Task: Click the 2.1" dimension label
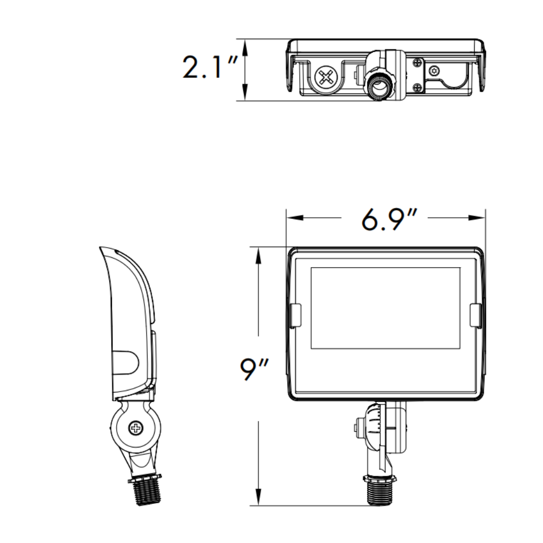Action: pyautogui.click(x=210, y=68)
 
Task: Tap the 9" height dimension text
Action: pyautogui.click(x=255, y=370)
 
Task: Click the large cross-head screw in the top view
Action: pyautogui.click(x=326, y=77)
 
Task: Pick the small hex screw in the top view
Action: pyautogui.click(x=434, y=71)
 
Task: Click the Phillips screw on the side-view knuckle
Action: pyautogui.click(x=134, y=429)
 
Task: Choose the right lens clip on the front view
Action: pyautogui.click(x=475, y=316)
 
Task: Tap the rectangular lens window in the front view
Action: pyautogui.click(x=385, y=308)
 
